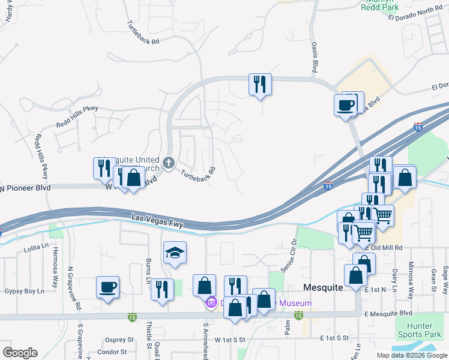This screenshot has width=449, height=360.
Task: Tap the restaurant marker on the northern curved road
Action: [260, 85]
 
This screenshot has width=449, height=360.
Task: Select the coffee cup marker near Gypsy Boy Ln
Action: [107, 287]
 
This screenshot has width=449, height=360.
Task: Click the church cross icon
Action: [169, 162]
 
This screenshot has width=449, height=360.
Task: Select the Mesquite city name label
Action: [323, 287]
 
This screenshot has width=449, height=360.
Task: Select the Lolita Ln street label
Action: [36, 246]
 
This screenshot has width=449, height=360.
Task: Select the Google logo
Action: [20, 353]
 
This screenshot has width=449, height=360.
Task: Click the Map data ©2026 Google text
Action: [411, 355]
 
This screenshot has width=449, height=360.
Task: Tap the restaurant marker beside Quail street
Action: [162, 290]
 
